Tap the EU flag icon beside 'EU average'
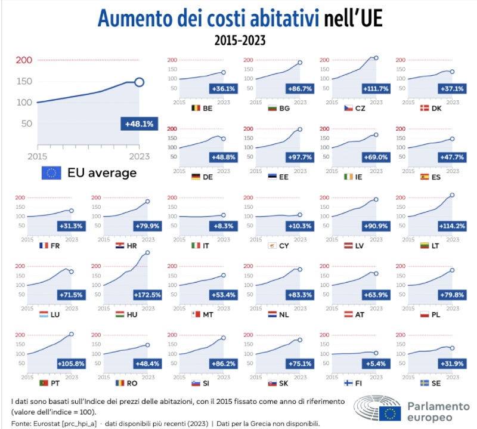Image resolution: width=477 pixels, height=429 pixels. click(52, 173)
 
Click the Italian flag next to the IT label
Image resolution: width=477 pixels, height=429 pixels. click(194, 245)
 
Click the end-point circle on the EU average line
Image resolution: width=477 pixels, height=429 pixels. click(139, 82)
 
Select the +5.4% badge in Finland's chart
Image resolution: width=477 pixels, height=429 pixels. click(373, 363)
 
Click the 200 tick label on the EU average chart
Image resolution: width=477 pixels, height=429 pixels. click(23, 60)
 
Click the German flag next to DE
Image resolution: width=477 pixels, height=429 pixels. click(194, 177)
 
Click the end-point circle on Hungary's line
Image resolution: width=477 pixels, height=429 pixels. click(147, 253)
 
